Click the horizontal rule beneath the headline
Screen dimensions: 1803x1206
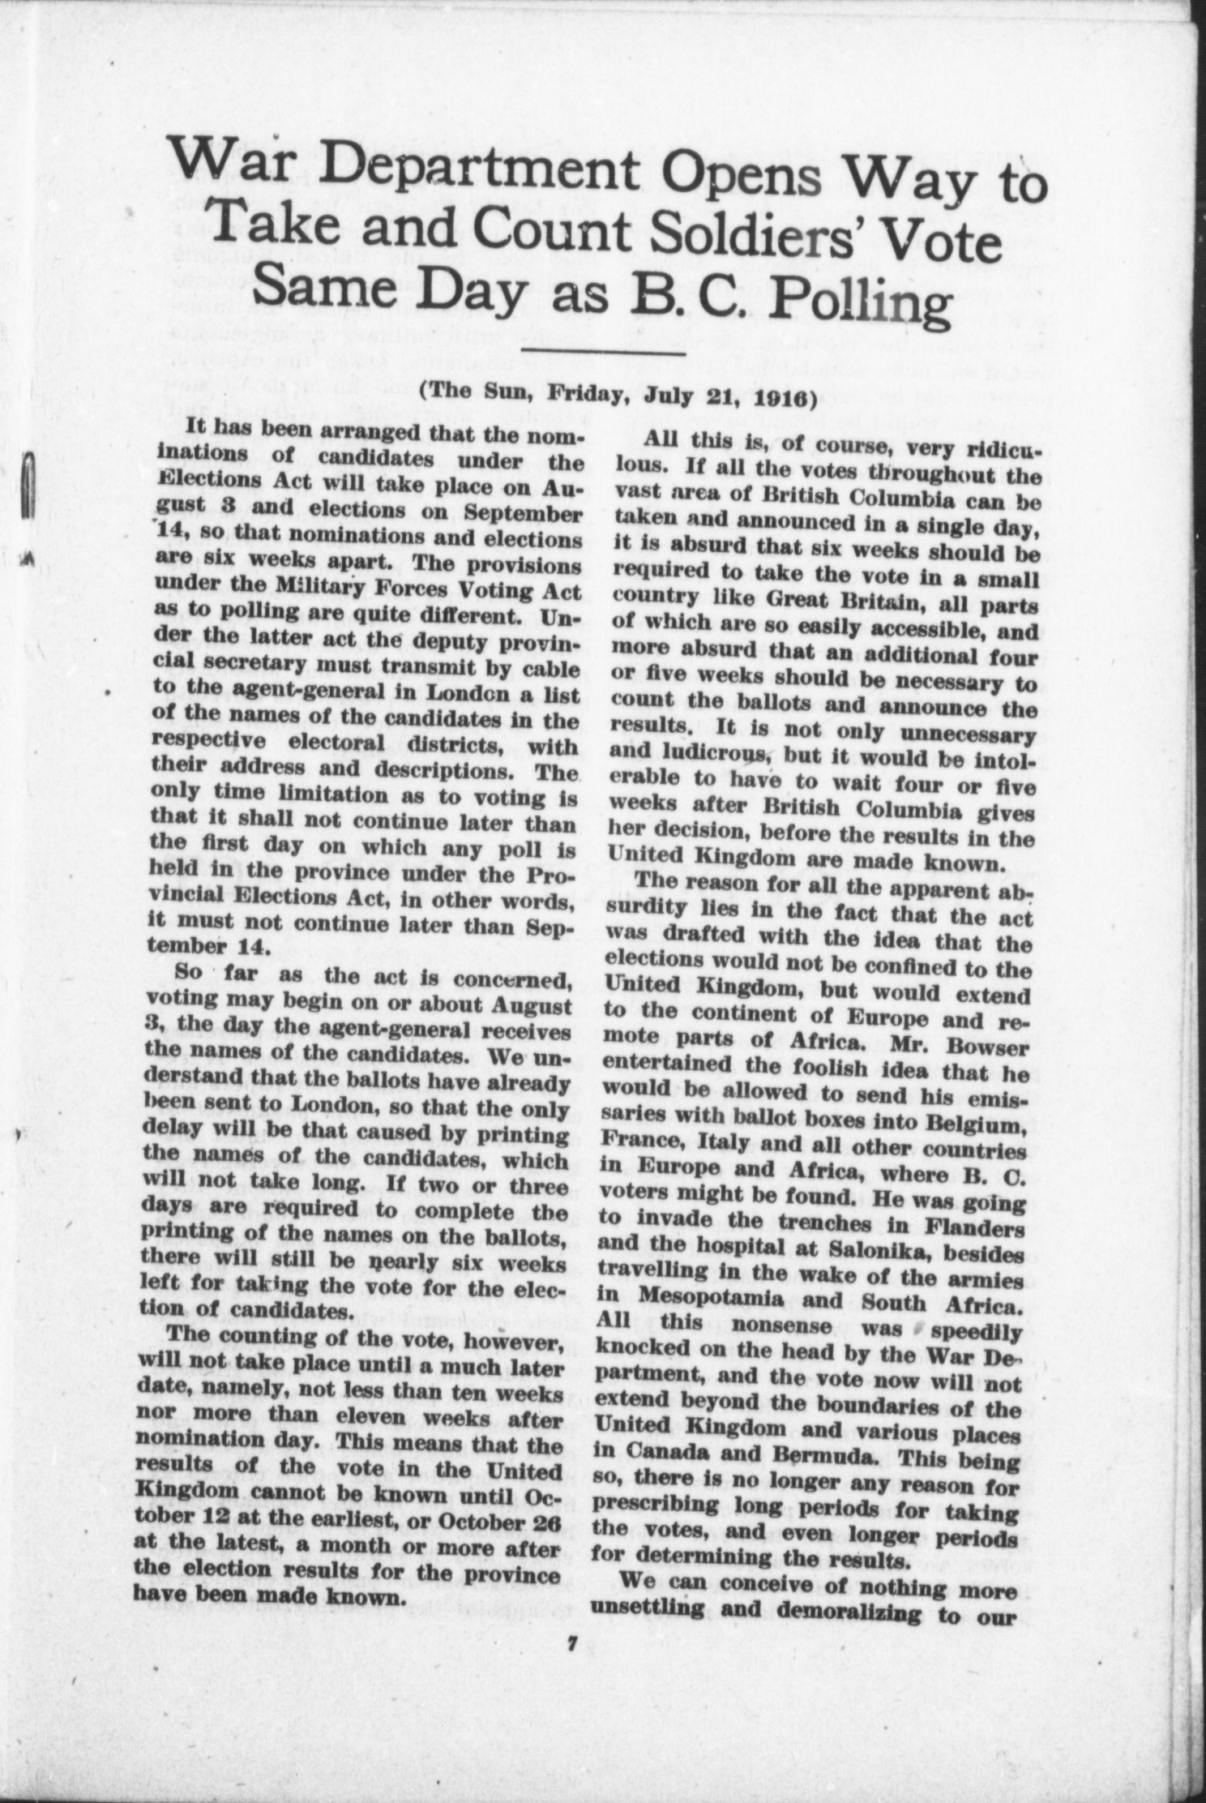click(604, 351)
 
